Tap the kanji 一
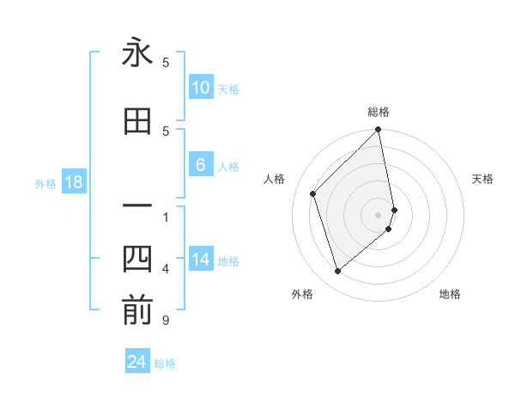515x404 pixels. click(137, 206)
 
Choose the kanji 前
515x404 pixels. click(137, 311)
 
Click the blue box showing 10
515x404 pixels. click(200, 88)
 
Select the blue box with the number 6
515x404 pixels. click(200, 165)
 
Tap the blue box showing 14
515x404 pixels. click(200, 260)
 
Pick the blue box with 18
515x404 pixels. click(72, 182)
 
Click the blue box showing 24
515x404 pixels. click(137, 362)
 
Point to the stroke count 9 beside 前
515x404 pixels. click(166, 321)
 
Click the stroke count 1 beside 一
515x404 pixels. click(166, 217)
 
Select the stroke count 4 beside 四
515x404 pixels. click(166, 269)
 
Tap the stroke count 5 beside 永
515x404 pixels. click(166, 62)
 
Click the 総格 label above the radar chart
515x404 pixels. click(379, 112)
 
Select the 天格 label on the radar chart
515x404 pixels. click(482, 179)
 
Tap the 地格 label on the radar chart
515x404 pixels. click(450, 294)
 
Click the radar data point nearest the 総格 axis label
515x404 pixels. click(379, 131)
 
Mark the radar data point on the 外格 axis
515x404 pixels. click(338, 272)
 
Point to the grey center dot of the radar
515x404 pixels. click(379, 214)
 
